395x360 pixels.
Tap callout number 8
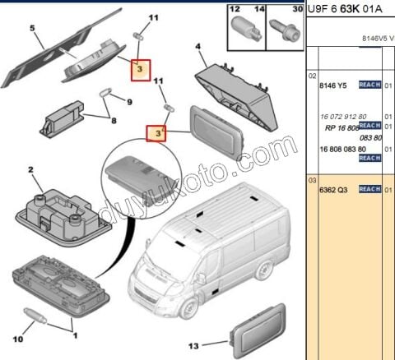click(114, 122)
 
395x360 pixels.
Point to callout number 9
click(129, 101)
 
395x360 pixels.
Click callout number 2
click(30, 170)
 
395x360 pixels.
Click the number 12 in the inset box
click(234, 9)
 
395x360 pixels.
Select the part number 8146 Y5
click(332, 84)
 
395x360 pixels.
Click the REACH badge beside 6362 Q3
click(369, 189)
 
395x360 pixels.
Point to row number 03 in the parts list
click(312, 180)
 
